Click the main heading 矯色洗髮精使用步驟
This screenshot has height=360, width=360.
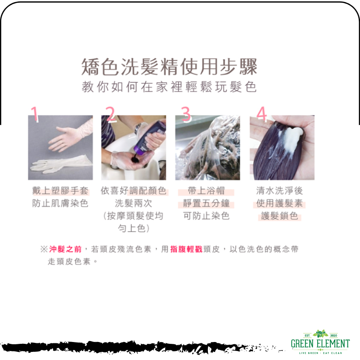pyautogui.click(x=169, y=67)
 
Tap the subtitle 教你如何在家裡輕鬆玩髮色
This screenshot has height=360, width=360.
pyautogui.click(x=169, y=87)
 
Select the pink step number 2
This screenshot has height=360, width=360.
pyautogui.click(x=111, y=114)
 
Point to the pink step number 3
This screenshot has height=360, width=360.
pyautogui.click(x=186, y=114)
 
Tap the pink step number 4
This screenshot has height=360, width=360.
pyautogui.click(x=261, y=114)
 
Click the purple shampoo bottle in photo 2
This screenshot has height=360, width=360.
pyautogui.click(x=150, y=136)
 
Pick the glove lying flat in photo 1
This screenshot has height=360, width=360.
pyautogui.click(x=61, y=164)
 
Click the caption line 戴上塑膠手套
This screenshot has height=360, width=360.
pyautogui.click(x=60, y=190)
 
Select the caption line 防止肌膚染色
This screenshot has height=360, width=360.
pyautogui.click(x=60, y=203)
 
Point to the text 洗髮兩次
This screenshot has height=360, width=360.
pyautogui.click(x=133, y=203)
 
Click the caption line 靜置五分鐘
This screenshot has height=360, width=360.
pyautogui.click(x=206, y=203)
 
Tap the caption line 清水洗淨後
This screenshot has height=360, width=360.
pyautogui.click(x=279, y=190)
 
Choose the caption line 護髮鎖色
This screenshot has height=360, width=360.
pyautogui.click(x=279, y=216)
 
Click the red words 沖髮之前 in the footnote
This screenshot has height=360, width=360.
pyautogui.click(x=65, y=249)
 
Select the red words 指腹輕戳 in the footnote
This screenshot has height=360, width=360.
pyautogui.click(x=186, y=249)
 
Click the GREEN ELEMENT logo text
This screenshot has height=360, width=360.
pyautogui.click(x=320, y=344)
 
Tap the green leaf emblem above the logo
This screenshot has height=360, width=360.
pyautogui.click(x=320, y=333)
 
